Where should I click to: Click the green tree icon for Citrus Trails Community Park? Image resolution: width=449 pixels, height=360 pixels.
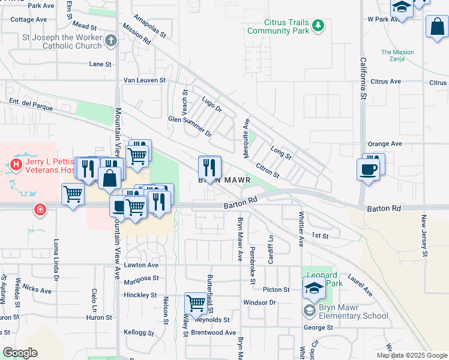(x=318, y=25)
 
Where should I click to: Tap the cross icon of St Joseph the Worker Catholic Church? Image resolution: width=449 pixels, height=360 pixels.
(x=110, y=41)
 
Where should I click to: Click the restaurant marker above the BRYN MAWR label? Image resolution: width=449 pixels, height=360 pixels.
(x=209, y=165)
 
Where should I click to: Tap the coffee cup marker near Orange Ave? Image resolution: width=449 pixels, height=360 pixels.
(x=367, y=168)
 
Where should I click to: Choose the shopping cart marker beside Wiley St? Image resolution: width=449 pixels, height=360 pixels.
(x=196, y=303)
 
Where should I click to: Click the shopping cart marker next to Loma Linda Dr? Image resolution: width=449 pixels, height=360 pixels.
(x=73, y=194)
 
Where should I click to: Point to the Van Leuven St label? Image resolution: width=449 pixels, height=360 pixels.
(x=144, y=80)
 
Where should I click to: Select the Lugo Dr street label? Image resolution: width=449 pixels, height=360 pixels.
(x=212, y=104)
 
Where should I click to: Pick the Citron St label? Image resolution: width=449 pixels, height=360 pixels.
(x=268, y=170)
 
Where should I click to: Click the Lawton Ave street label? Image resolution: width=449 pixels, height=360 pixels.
(x=141, y=265)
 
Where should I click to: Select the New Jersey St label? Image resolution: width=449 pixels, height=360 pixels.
(x=424, y=236)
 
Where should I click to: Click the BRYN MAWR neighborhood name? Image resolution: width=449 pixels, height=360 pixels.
(x=224, y=179)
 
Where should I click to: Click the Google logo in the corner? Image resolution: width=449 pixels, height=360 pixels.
(x=20, y=353)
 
